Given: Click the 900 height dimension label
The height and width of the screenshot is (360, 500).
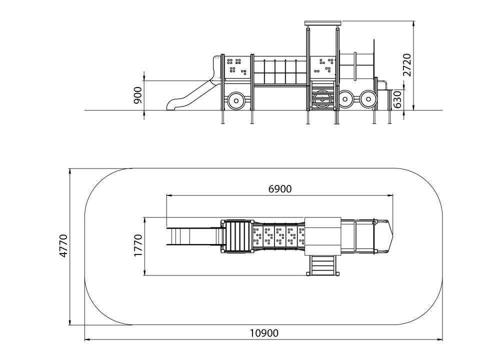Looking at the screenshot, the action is (x=138, y=95).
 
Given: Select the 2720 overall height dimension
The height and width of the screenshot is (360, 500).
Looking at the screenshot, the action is (x=407, y=65).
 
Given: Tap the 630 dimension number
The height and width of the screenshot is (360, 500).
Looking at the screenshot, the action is (x=397, y=99).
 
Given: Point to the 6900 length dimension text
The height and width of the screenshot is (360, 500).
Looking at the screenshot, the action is (x=280, y=189).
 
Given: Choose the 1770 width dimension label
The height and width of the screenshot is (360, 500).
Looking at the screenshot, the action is (x=138, y=245).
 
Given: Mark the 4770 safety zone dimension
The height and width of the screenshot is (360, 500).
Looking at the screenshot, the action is (x=63, y=246).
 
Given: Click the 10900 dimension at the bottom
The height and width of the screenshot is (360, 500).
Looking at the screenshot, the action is (x=264, y=333).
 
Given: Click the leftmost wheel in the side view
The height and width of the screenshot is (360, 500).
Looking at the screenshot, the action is (x=236, y=101).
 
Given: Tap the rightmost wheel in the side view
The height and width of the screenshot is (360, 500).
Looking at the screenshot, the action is (x=368, y=99).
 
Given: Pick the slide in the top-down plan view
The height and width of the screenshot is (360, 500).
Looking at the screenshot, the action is (x=193, y=236).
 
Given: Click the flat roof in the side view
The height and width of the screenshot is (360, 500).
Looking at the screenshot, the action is (x=323, y=23).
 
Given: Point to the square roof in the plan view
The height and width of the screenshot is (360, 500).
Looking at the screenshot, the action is (x=322, y=236).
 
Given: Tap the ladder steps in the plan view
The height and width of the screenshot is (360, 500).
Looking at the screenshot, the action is (x=322, y=265).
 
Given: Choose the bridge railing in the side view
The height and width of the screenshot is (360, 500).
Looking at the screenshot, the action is (x=280, y=71).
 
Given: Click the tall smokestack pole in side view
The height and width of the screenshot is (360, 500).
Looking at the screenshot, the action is (x=373, y=58).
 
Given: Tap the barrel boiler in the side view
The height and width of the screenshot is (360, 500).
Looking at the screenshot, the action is (x=356, y=66).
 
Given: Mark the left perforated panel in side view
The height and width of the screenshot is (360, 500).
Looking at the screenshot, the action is (x=237, y=67).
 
